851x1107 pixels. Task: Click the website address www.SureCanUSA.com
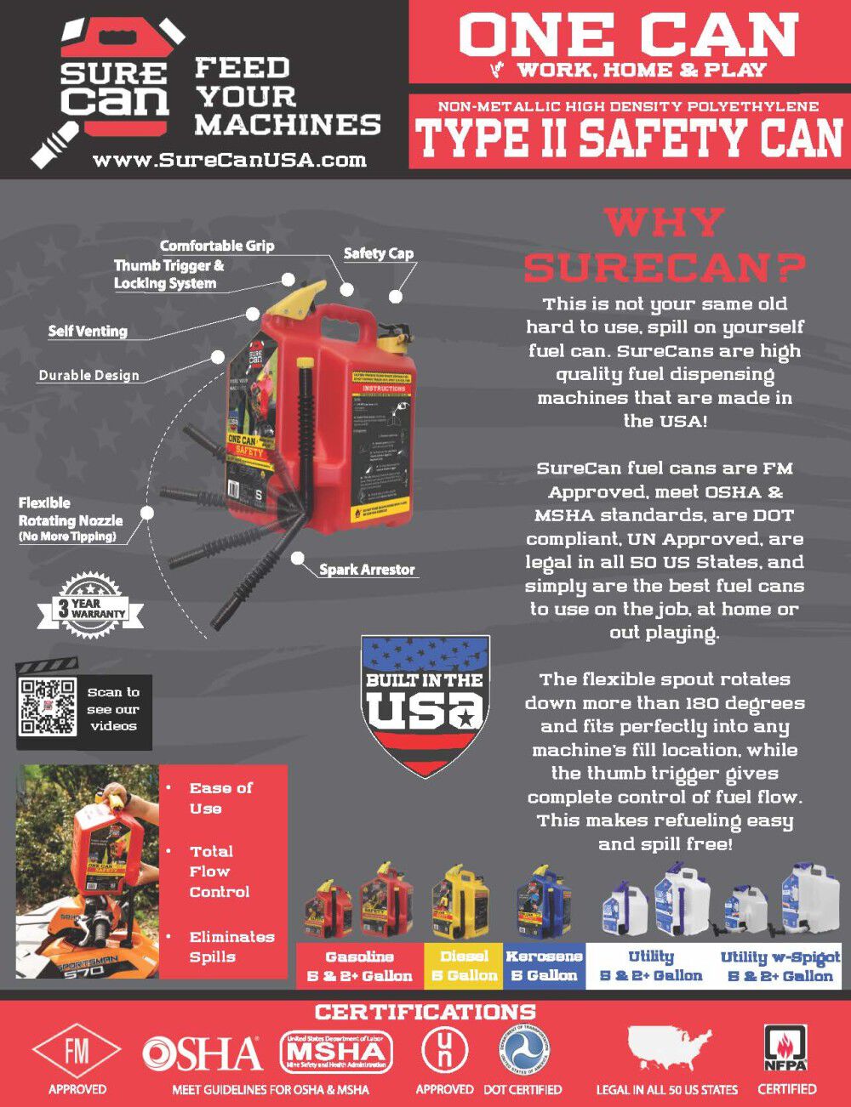coord(230,160)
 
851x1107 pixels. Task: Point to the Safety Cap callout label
coord(378,253)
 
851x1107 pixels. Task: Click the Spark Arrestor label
coord(367,570)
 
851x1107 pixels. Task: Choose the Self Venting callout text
coord(88,331)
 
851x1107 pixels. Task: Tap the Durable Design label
coord(89,375)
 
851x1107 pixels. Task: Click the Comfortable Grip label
coord(217,245)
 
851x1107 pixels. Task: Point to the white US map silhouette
coord(669,1053)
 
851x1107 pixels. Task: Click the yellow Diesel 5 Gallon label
coord(464,966)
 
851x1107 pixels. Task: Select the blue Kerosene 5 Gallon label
coord(544,966)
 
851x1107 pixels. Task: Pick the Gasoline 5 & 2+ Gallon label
coord(359,966)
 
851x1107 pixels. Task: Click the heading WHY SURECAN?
coord(664,246)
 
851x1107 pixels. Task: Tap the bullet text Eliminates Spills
coord(231,946)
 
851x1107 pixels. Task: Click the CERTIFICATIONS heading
coord(425,1012)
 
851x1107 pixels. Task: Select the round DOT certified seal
coord(523,1051)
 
